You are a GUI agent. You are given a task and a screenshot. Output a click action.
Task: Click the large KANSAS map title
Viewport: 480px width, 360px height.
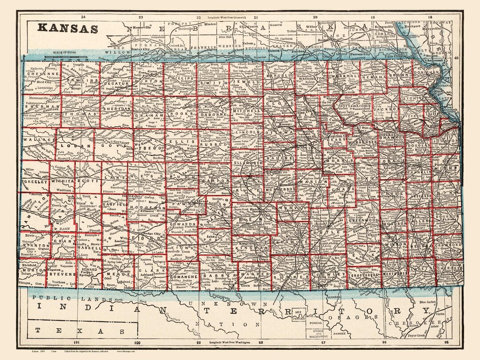[x=68, y=28]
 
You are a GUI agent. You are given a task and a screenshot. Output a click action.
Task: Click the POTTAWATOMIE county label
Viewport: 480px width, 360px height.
[x=355, y=107]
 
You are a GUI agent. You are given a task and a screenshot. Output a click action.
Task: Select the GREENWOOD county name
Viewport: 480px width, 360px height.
[x=363, y=220]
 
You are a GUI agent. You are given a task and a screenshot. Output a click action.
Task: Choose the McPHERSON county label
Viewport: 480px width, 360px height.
[x=280, y=189]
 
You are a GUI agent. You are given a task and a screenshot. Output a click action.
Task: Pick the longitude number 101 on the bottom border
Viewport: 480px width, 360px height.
[x=76, y=342]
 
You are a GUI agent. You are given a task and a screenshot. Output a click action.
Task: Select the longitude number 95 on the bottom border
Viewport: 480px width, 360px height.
[x=452, y=342]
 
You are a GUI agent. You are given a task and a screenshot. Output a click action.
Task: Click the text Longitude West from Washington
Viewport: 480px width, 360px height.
[x=231, y=342]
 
